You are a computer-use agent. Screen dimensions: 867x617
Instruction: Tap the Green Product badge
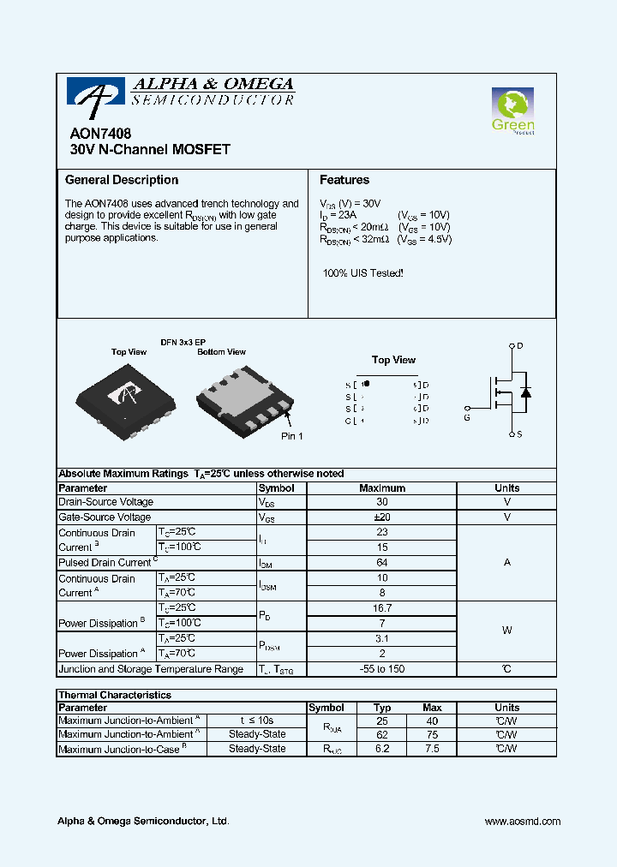click(513, 112)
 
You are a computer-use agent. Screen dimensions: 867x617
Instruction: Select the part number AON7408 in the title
click(95, 135)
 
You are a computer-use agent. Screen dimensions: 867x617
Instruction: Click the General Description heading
click(122, 180)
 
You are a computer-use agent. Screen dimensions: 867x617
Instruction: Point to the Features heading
click(344, 180)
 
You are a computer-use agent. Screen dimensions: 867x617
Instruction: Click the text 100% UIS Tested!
click(362, 272)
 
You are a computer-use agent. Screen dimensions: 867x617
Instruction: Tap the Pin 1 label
click(292, 436)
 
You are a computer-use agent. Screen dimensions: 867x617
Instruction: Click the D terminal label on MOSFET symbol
click(520, 345)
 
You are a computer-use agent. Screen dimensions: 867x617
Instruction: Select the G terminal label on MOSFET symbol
click(467, 418)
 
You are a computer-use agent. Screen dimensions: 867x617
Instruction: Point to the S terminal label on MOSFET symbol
click(520, 434)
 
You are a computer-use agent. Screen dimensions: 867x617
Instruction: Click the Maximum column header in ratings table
click(382, 487)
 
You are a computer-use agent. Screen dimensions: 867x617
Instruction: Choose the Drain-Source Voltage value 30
click(382, 502)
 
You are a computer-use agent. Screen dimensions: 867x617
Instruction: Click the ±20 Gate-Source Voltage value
click(382, 517)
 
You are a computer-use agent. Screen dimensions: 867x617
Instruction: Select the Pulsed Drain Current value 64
click(382, 563)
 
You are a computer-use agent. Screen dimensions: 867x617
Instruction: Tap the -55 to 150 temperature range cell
click(382, 669)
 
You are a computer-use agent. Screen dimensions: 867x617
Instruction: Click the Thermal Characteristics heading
click(115, 695)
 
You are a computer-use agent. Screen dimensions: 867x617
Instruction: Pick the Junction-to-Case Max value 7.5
click(432, 748)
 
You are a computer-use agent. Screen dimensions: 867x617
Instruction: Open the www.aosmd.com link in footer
click(522, 821)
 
